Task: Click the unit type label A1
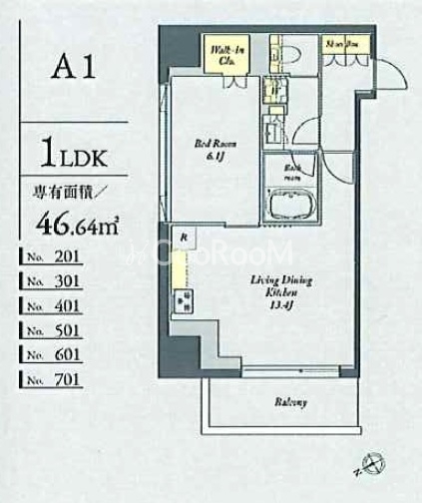75,71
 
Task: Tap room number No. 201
61,256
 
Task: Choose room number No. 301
61,281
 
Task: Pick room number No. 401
61,305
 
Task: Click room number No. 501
61,330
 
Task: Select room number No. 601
61,354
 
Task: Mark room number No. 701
61,379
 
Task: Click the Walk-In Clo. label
221,54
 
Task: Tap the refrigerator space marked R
184,238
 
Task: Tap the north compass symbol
374,462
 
